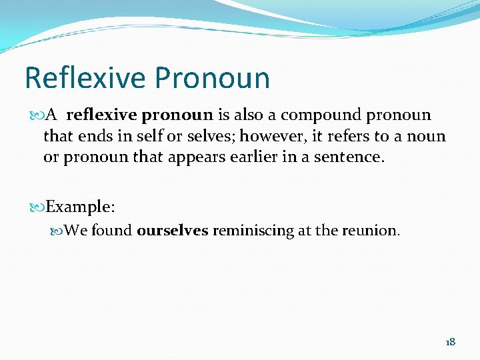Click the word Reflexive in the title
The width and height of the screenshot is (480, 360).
(85, 78)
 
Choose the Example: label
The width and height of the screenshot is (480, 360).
(81, 207)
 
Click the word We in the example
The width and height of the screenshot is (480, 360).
(76, 231)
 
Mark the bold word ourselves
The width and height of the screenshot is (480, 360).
(173, 231)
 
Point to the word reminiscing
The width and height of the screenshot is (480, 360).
(253, 231)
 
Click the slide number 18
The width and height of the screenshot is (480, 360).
(450, 342)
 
